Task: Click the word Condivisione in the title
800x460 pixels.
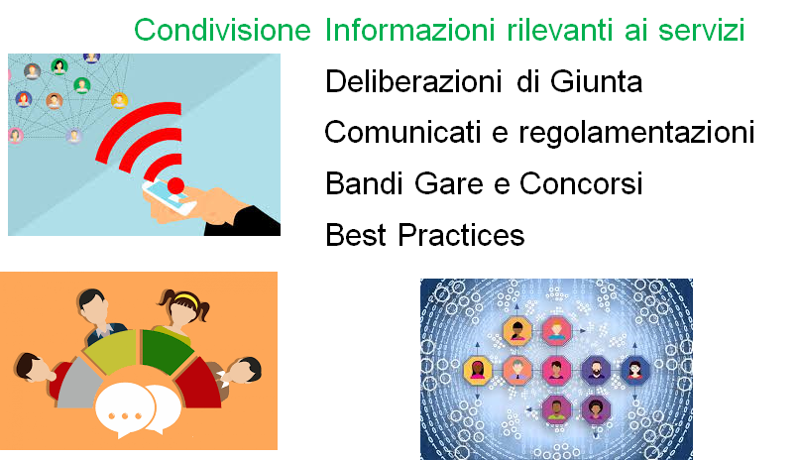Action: pos(222,30)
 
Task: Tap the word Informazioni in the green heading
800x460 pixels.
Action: pos(409,30)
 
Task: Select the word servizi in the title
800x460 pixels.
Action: pos(702,30)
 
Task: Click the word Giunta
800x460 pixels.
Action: pos(596,81)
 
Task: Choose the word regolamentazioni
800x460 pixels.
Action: pos(636,134)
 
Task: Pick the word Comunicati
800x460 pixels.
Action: pos(402,133)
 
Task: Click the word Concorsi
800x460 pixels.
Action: pos(581,183)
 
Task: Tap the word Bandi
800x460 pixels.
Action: pos(364,183)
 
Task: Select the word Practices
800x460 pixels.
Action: pos(461,235)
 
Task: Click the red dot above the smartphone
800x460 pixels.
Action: pos(176,185)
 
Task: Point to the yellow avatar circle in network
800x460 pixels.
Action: pos(119,100)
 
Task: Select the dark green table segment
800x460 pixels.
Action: pos(165,351)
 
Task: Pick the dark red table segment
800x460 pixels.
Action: pos(201,384)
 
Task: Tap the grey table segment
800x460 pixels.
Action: pos(77,384)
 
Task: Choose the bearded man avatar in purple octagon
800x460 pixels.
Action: pos(596,369)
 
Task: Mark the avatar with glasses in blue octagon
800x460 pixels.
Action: pos(634,369)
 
